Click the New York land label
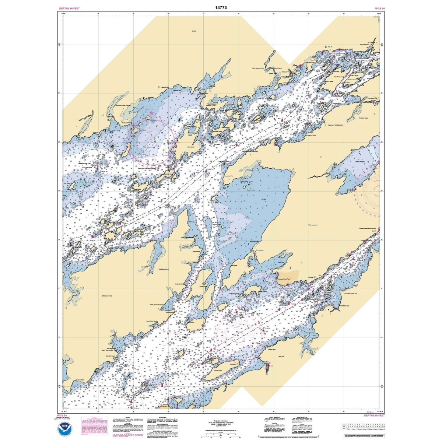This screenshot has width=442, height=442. click(x=281, y=357)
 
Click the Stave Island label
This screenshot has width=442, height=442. click(x=190, y=146)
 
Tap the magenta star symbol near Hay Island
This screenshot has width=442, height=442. click(x=151, y=113)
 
